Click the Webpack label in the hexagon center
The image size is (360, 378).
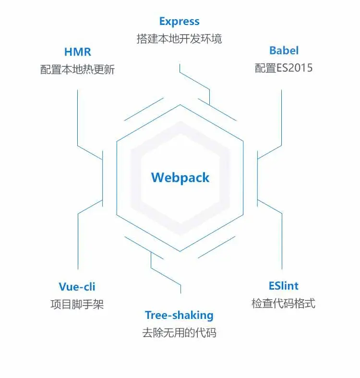click(180, 178)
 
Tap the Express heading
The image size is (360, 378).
click(179, 22)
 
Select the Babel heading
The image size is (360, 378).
click(284, 50)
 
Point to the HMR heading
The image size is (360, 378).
click(77, 51)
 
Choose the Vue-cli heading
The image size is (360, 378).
click(77, 287)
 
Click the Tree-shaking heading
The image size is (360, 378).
click(179, 316)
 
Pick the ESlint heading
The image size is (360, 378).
click(283, 286)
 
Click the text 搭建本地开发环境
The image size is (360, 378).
click(179, 38)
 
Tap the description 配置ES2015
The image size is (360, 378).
click(284, 68)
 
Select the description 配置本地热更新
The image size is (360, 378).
click(77, 69)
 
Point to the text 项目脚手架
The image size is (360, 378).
click(77, 304)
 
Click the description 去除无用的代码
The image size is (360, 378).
click(179, 332)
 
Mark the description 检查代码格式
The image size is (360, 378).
click(283, 304)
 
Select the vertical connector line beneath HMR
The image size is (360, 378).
click(77, 115)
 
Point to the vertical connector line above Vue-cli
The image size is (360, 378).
click(77, 240)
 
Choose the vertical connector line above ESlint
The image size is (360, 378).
click(282, 240)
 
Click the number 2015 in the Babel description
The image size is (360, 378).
click(301, 68)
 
